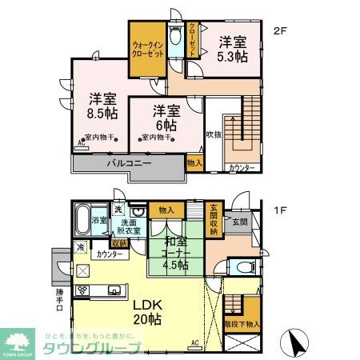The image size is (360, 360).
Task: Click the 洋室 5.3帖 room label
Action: click(232, 49)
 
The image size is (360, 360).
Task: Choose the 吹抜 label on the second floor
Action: click(213, 135)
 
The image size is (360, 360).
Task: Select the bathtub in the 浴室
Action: click(82, 218)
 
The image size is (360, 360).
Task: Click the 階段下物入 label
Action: click(242, 326)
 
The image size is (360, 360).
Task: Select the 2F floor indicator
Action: click(279, 32)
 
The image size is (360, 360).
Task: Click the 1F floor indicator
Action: click(279, 211)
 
